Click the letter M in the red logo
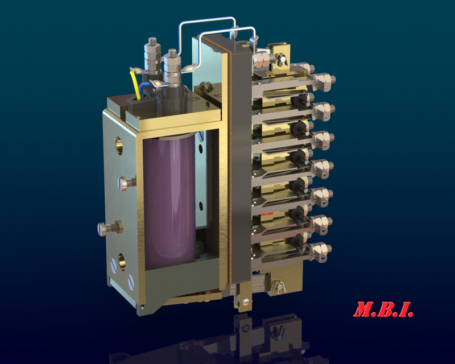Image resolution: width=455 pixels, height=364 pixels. click(365, 310)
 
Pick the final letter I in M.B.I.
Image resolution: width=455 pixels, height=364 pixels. click(406, 310)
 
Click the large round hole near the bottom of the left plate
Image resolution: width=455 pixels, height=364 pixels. click(121, 257)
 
